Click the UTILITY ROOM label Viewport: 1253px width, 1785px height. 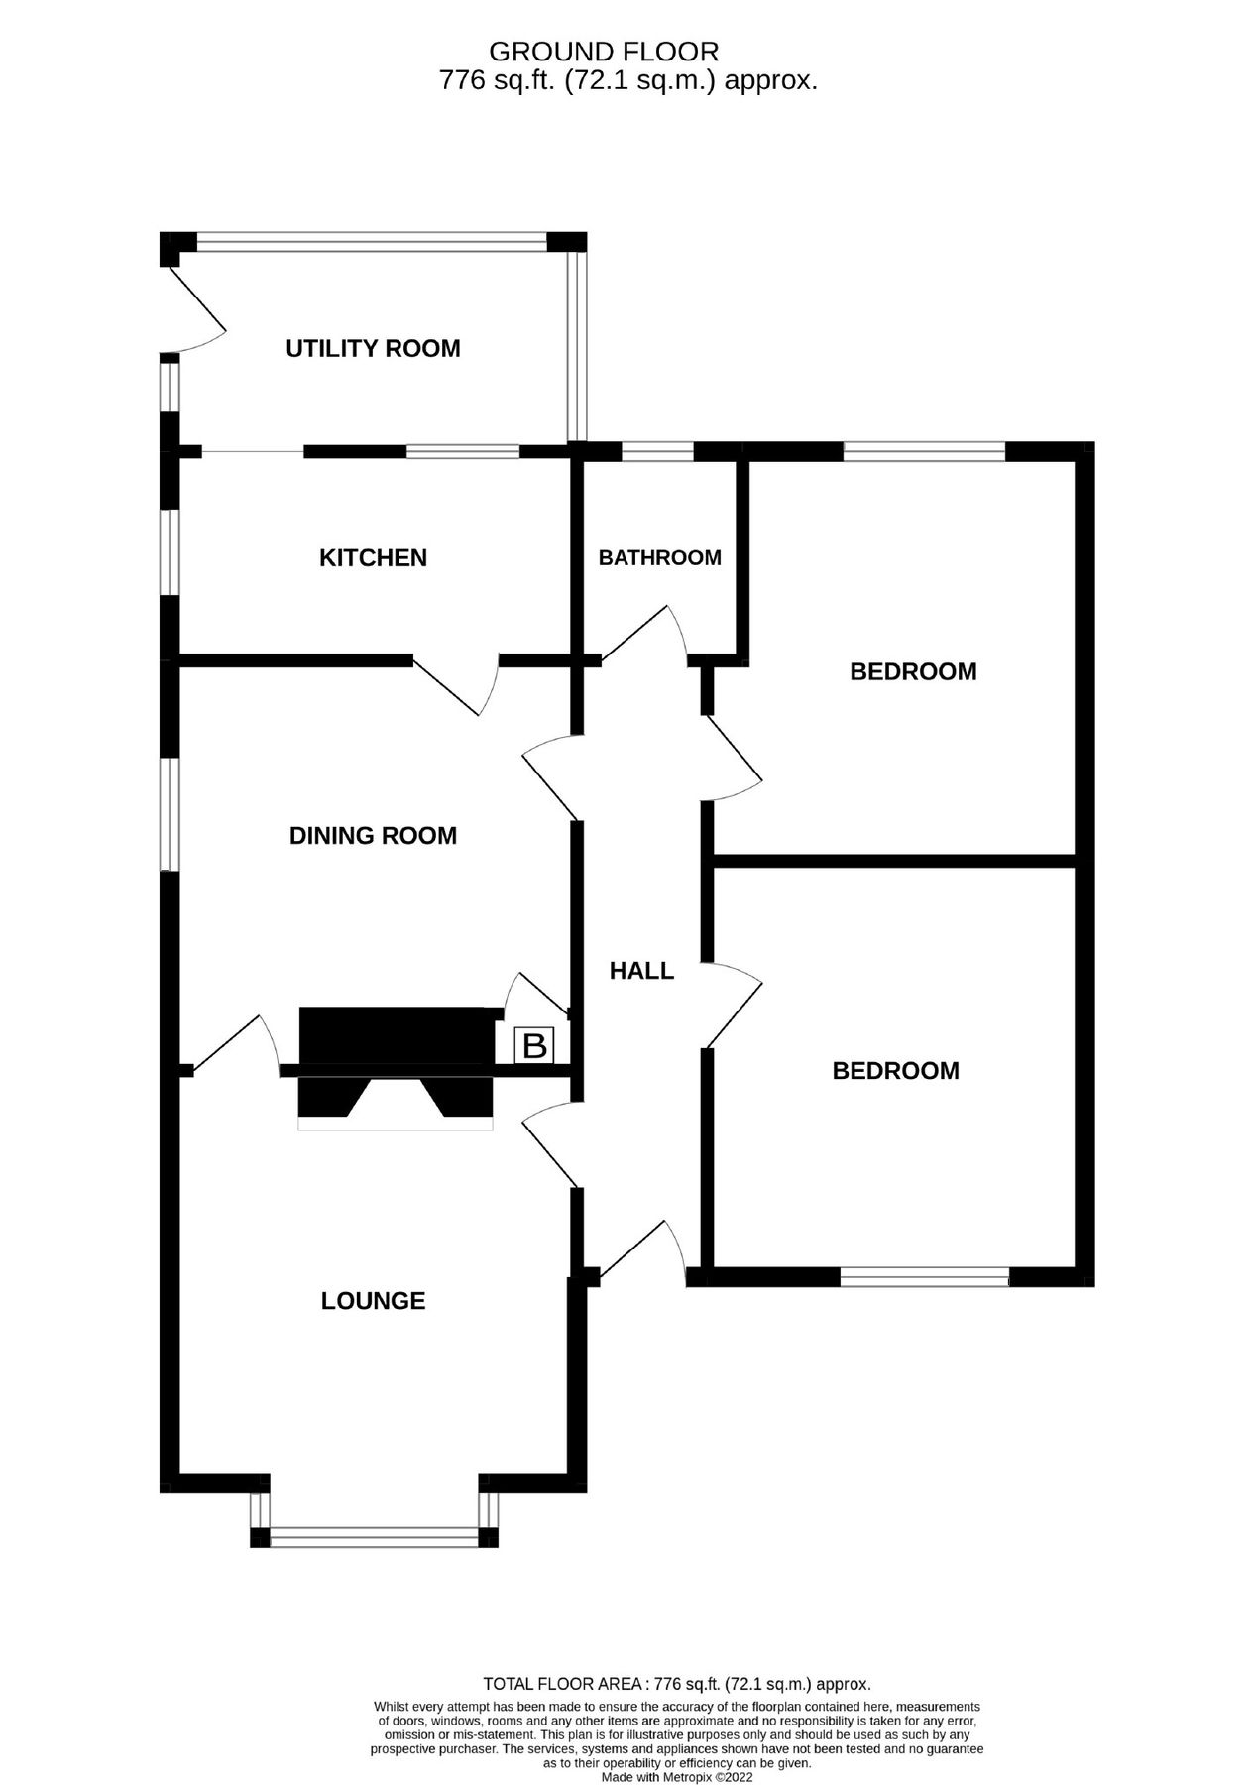pos(373,349)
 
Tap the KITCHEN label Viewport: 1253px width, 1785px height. pos(373,558)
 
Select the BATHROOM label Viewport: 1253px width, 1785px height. pos(659,558)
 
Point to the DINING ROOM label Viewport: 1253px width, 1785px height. pos(373,836)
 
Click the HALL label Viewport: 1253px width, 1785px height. pos(641,971)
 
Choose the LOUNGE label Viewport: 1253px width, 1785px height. pos(373,1301)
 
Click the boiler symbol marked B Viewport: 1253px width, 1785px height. pos(534,1046)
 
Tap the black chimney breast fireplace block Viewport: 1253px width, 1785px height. pos(397,1037)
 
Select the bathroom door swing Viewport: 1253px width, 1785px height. pos(644,635)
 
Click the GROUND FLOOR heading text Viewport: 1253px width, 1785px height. pos(604,52)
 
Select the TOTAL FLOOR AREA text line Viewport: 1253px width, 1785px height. pos(676,1684)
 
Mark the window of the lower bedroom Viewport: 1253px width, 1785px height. pos(924,1277)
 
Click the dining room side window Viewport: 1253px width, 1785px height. pos(171,814)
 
